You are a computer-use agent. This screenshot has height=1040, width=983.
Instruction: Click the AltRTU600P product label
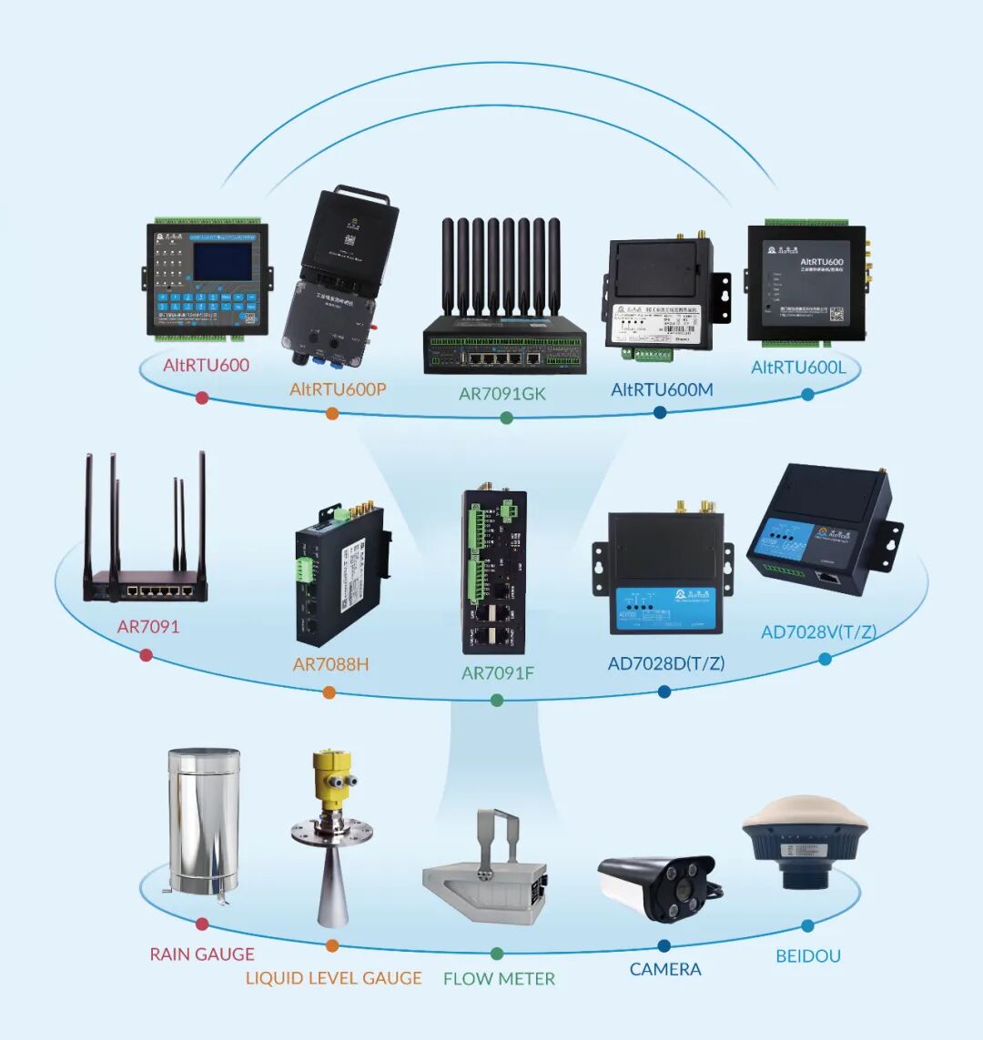(x=338, y=389)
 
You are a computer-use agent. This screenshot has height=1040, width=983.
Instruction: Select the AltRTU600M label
(x=662, y=389)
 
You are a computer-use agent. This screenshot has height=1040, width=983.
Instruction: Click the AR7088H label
(x=330, y=664)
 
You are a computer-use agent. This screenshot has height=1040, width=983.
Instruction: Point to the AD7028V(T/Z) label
(x=818, y=631)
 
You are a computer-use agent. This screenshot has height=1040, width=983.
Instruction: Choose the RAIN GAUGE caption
(x=202, y=954)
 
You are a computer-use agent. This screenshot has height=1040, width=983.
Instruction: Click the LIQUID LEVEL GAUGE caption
(x=333, y=978)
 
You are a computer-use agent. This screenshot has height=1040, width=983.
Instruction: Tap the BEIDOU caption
(x=808, y=956)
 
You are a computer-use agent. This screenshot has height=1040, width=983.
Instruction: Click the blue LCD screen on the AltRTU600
(x=223, y=261)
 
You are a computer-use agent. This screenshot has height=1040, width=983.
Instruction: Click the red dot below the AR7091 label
(x=146, y=655)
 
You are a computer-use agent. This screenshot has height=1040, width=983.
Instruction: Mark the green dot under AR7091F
(x=497, y=701)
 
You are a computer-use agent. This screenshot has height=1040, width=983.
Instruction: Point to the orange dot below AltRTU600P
(x=332, y=413)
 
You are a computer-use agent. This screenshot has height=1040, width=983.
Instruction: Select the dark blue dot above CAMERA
(x=664, y=945)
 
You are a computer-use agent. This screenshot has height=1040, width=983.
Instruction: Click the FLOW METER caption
(x=499, y=979)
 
